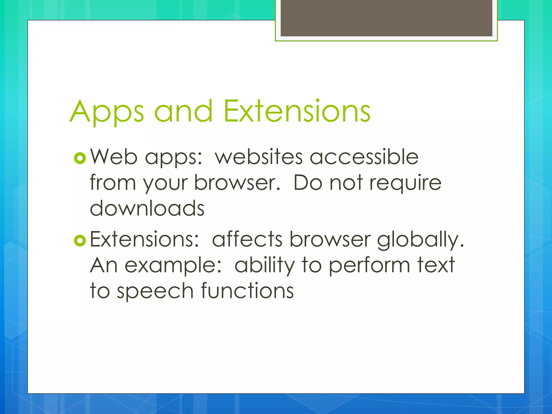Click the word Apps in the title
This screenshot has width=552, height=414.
107,112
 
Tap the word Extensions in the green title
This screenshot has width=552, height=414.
297,111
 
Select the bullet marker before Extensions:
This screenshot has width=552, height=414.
80,241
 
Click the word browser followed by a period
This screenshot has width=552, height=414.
237,183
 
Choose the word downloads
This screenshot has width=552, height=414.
147,208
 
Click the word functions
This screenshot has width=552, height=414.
247,291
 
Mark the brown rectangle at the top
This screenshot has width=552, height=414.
386,18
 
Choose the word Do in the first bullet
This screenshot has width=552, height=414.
308,183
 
